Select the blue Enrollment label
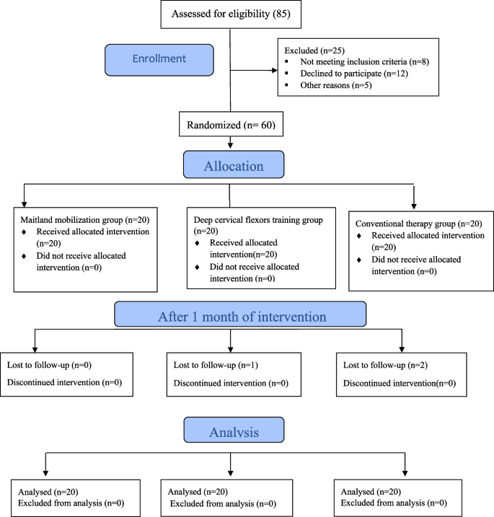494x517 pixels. (x=159, y=60)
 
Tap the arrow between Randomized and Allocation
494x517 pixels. (x=229, y=141)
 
